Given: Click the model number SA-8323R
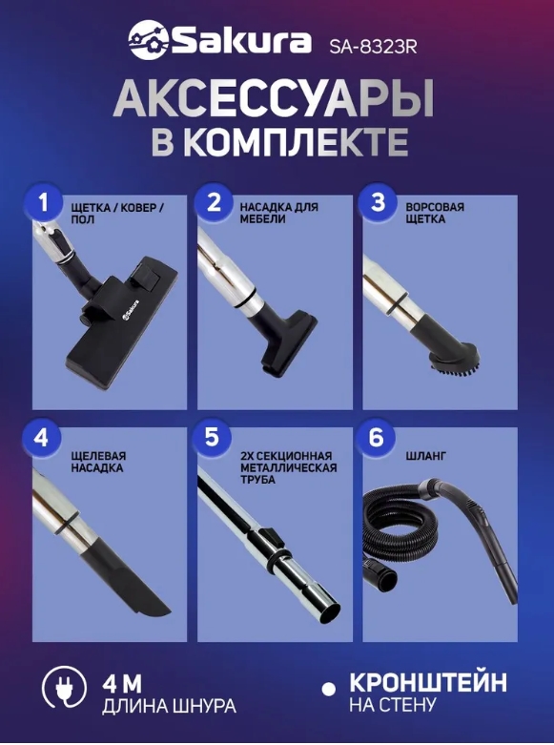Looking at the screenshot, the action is (x=373, y=47).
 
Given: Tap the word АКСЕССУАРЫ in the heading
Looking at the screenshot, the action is (x=275, y=99).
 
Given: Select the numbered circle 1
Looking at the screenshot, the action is (x=44, y=203).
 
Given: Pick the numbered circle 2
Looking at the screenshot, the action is (x=214, y=203).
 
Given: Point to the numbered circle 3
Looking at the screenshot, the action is (x=378, y=203).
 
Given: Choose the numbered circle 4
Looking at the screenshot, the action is (x=41, y=438).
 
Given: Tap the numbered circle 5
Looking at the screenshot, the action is (x=212, y=438).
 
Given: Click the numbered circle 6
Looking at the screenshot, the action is (x=376, y=438).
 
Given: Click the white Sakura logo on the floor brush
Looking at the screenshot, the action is (x=131, y=311).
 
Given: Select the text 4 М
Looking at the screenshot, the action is (x=123, y=685).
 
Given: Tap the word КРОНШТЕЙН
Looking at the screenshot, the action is (x=428, y=683).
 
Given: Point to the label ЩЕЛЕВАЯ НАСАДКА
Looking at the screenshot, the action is (x=97, y=463).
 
